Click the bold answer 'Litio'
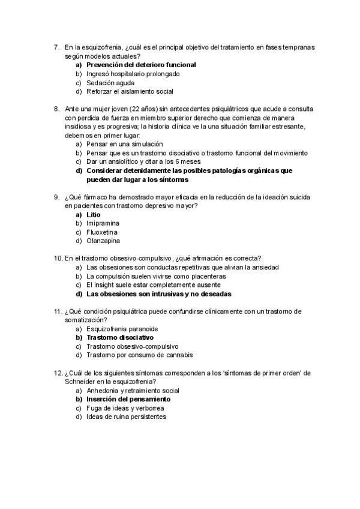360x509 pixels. click(x=94, y=214)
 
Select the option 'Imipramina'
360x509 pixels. click(x=103, y=223)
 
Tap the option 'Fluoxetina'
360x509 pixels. click(x=102, y=232)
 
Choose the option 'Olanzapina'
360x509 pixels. click(x=103, y=241)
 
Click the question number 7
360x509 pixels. click(x=56, y=47)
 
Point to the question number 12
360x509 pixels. click(x=58, y=373)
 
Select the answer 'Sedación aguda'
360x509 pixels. click(x=110, y=83)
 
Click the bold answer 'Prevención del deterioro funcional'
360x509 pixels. click(x=141, y=65)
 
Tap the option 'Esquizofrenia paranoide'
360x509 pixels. click(x=122, y=329)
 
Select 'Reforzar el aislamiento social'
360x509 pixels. click(x=130, y=92)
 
